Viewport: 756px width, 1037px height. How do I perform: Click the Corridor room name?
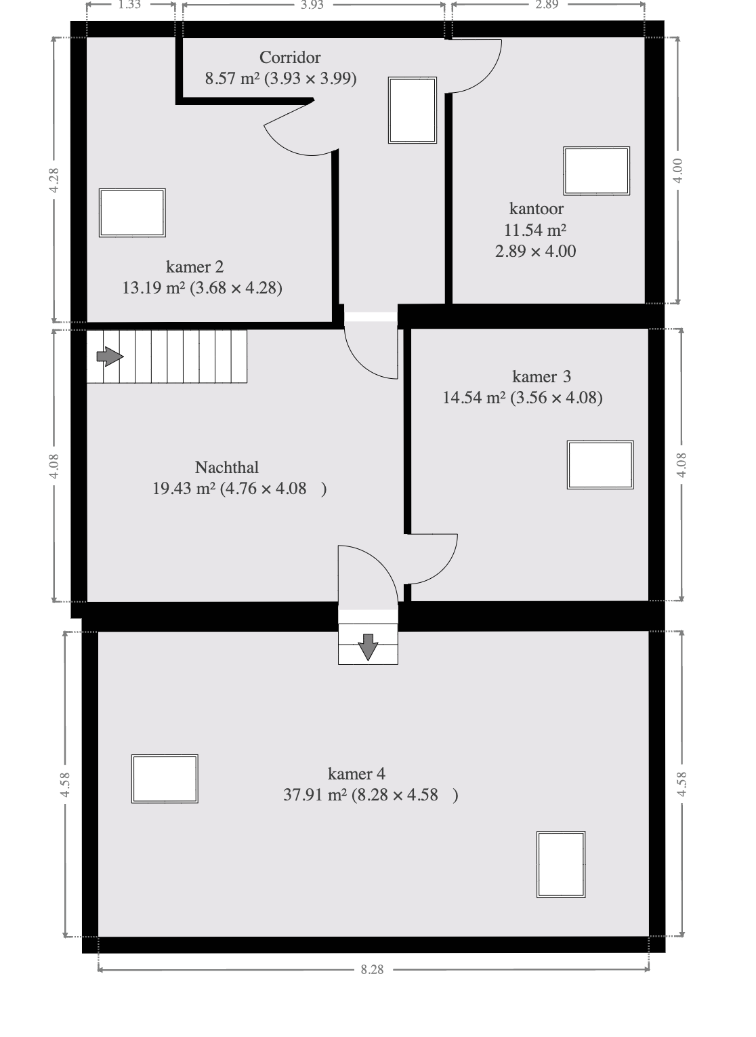tap(290, 58)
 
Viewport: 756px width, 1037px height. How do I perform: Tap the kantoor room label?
tap(537, 209)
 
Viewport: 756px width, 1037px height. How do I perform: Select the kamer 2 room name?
tap(195, 267)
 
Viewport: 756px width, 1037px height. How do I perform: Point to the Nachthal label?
tap(227, 468)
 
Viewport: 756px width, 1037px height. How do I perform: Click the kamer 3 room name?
tap(541, 377)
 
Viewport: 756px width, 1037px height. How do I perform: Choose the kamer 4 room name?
tap(356, 773)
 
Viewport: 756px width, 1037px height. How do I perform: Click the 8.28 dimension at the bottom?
tap(372, 969)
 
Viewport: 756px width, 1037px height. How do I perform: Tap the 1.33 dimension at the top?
tap(129, 5)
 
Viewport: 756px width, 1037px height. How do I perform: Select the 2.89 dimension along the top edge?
tap(547, 5)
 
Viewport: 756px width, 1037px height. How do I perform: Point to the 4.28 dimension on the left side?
tap(54, 180)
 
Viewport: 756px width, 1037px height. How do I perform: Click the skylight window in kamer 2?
tap(132, 213)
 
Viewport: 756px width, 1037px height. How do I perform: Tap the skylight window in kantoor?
tap(596, 171)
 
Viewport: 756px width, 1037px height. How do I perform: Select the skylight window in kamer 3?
tap(600, 465)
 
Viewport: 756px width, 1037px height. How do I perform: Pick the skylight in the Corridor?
tap(413, 110)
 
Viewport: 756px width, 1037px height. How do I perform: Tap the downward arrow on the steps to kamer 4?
tap(369, 647)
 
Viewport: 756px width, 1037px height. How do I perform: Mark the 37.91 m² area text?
tap(315, 795)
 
